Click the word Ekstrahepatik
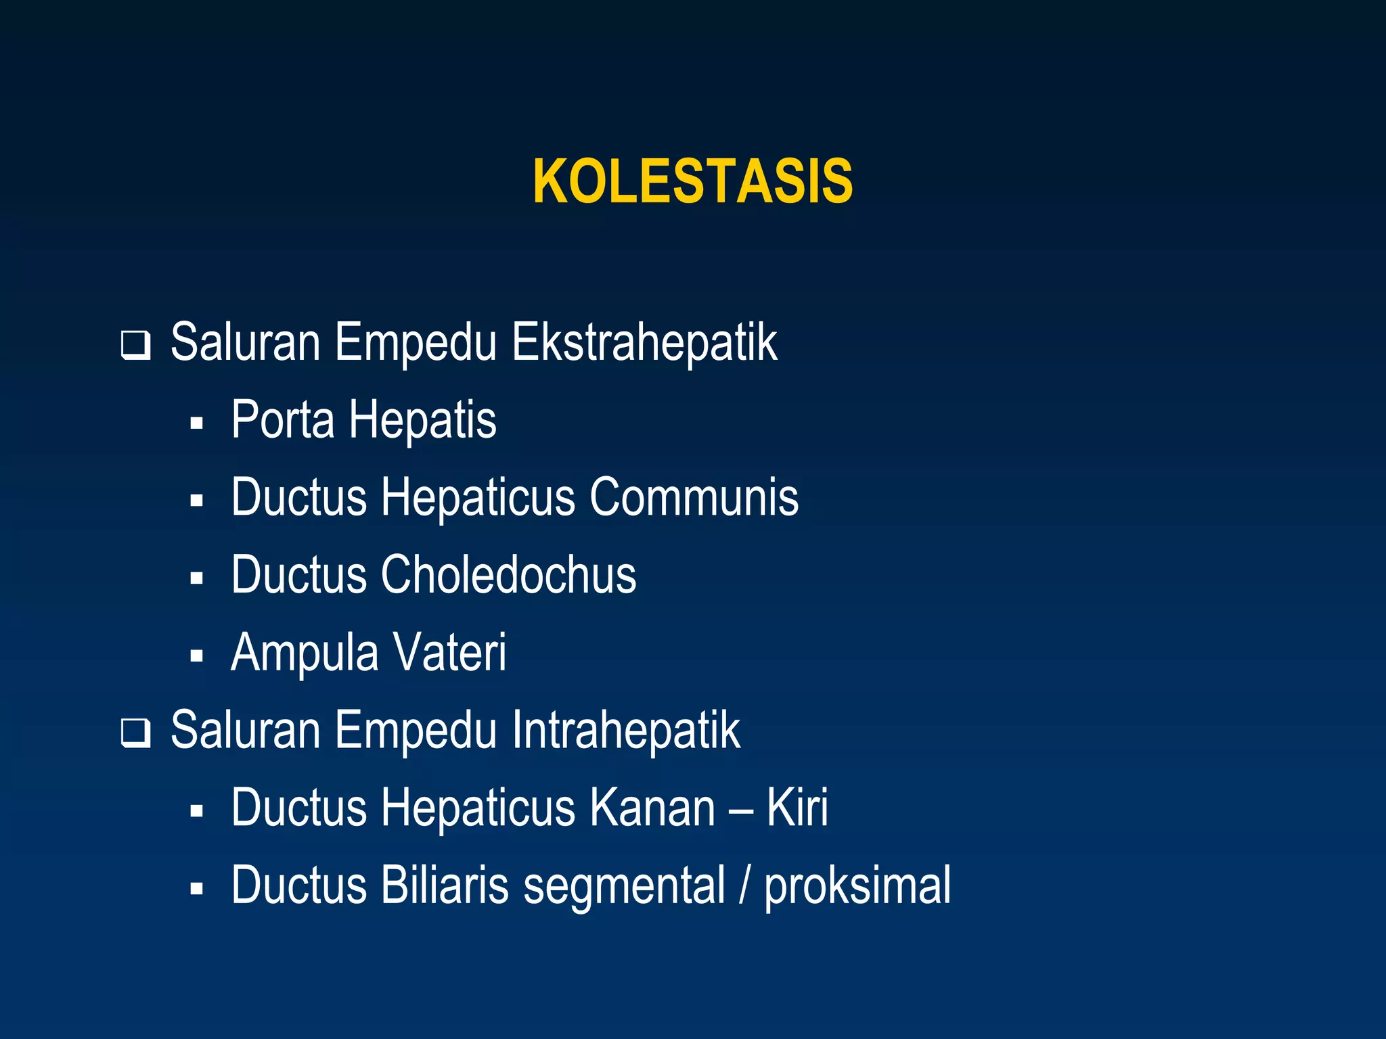(x=644, y=343)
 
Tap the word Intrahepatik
(x=625, y=731)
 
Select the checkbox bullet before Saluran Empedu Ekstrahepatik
(x=135, y=346)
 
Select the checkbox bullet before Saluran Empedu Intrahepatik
(x=135, y=733)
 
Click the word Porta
(x=283, y=420)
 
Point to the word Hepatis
(x=422, y=421)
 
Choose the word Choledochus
(x=508, y=575)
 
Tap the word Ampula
(x=305, y=653)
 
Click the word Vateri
(x=449, y=652)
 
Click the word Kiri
(x=797, y=808)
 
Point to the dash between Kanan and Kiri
(x=741, y=810)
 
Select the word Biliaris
(x=444, y=885)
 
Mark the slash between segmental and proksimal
(x=744, y=885)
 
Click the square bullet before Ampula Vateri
(x=197, y=655)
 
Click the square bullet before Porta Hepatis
(x=197, y=423)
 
